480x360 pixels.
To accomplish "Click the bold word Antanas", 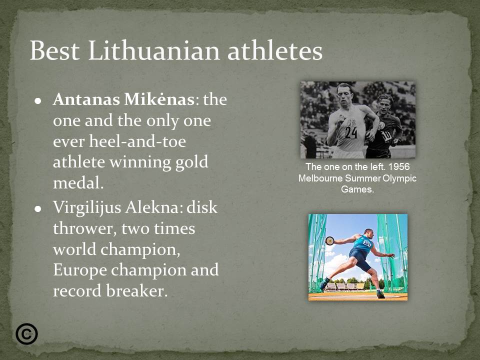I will tap(79, 99).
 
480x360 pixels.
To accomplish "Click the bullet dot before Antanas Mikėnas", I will tap(37, 100).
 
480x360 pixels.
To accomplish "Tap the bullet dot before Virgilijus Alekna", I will tap(37, 208).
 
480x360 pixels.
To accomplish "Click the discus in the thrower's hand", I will tap(329, 240).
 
